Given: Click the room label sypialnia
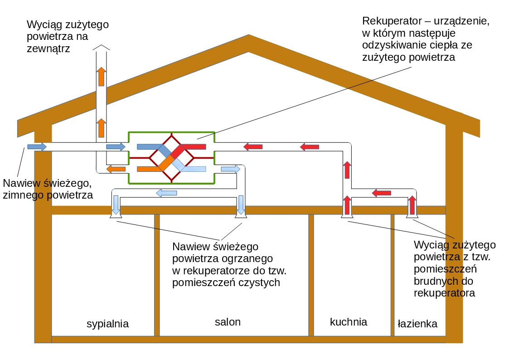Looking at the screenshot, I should [107, 324].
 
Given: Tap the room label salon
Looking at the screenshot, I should [228, 322].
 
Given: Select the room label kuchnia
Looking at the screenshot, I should [348, 322].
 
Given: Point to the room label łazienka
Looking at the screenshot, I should [417, 324].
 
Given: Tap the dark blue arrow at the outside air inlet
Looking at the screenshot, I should [37, 146].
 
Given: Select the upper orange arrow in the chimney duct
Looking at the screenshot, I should [101, 76].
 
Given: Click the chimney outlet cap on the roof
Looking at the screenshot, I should [101, 47].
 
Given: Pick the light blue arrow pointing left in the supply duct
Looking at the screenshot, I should [166, 193].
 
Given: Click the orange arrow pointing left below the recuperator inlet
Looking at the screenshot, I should [116, 169].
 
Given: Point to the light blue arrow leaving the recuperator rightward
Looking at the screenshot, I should [230, 169].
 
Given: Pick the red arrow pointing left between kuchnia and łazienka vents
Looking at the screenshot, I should [381, 193].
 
